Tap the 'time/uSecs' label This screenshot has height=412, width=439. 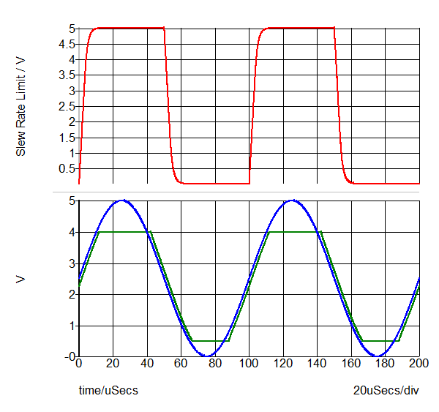coord(108,390)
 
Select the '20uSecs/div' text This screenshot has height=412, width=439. coord(386,390)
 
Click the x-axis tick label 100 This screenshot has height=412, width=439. coord(249,364)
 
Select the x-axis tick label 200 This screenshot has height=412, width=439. coord(419,364)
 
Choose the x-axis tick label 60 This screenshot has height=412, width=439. coord(181,364)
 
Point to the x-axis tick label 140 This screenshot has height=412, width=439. coord(318,364)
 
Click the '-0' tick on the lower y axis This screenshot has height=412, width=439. coord(69,356)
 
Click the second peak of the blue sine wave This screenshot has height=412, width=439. coord(292,200)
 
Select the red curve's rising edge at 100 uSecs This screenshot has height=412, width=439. coord(251,110)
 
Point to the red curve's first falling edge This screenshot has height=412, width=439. coord(168,110)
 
